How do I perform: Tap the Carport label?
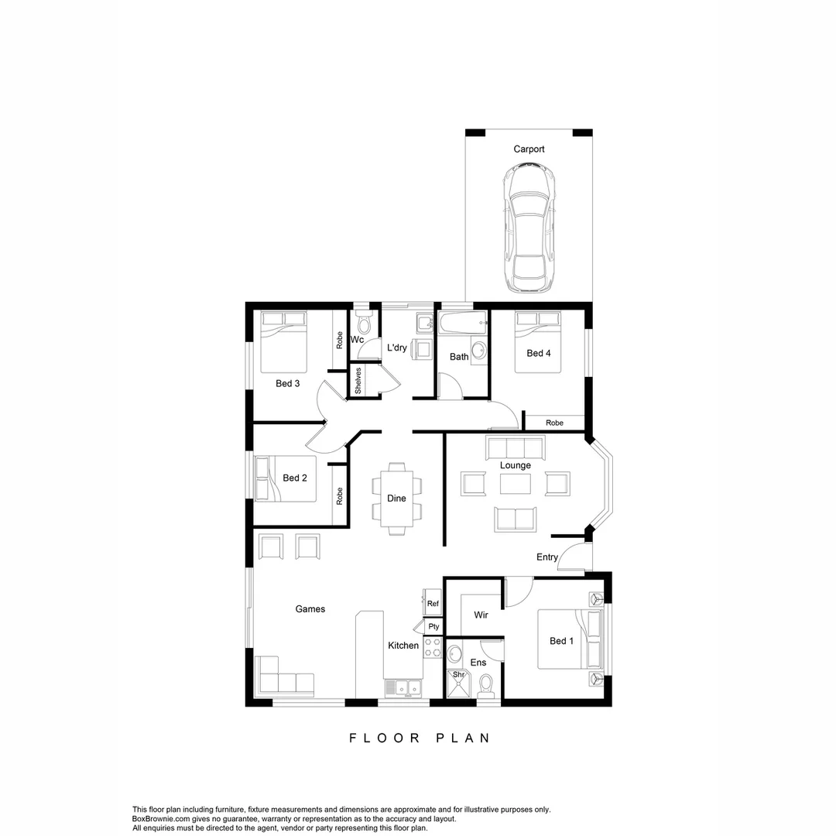click(529, 149)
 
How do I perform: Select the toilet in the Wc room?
click(364, 324)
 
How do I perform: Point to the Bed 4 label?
click(539, 354)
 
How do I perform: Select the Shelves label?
click(358, 381)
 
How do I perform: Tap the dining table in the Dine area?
click(396, 499)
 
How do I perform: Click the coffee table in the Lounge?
click(516, 484)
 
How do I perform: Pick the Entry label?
click(547, 557)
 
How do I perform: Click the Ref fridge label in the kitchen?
click(433, 604)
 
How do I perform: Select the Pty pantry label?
click(433, 626)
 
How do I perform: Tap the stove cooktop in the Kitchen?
click(432, 648)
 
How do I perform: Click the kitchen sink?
click(403, 687)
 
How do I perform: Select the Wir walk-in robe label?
click(481, 615)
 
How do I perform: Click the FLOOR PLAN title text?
click(420, 738)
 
